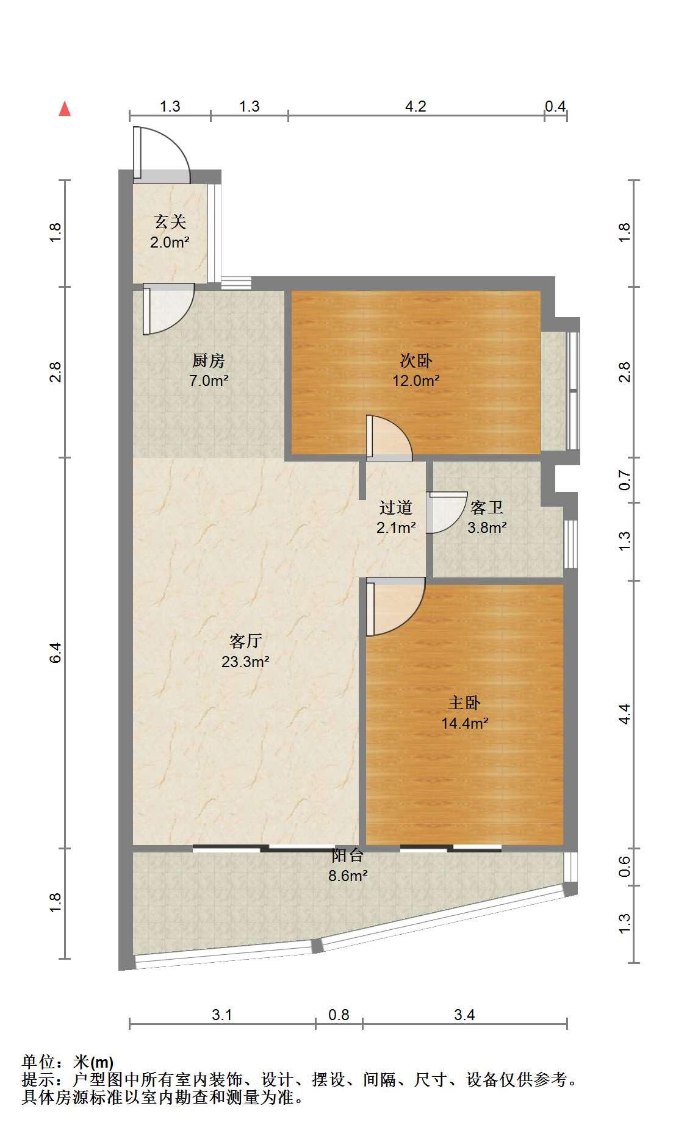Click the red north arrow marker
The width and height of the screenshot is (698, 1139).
pyautogui.click(x=65, y=109)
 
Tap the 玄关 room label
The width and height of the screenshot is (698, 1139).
pyautogui.click(x=170, y=222)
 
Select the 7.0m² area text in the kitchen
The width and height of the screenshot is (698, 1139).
pyautogui.click(x=209, y=381)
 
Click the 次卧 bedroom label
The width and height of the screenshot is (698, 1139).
pyautogui.click(x=416, y=361)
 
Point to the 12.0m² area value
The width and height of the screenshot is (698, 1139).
pyautogui.click(x=416, y=381)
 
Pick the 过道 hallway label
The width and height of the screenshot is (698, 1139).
pyautogui.click(x=396, y=507)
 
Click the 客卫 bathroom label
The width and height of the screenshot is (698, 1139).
pyautogui.click(x=486, y=507)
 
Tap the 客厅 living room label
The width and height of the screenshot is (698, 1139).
pyautogui.click(x=245, y=641)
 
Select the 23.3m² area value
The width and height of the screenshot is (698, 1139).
pyautogui.click(x=245, y=662)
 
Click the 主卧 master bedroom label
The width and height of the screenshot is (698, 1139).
pyautogui.click(x=464, y=703)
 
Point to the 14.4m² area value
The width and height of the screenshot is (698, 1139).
pyautogui.click(x=464, y=724)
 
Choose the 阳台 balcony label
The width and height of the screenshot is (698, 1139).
pyautogui.click(x=348, y=855)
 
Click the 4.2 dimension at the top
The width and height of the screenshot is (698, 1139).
pyautogui.click(x=416, y=106)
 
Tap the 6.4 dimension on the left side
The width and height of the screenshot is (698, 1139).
pyautogui.click(x=56, y=653)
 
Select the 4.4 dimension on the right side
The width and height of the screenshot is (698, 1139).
pyautogui.click(x=624, y=714)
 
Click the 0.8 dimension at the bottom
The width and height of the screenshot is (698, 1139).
pyautogui.click(x=339, y=1015)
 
